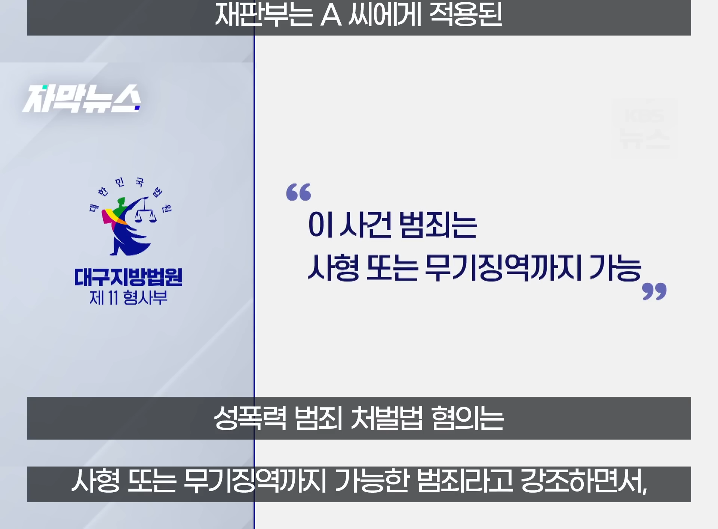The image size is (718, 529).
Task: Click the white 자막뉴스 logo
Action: pos(82,98)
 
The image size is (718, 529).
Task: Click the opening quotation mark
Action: pos(298,192)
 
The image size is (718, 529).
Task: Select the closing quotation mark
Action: pos(654,291)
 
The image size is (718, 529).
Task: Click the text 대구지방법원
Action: pos(128,277)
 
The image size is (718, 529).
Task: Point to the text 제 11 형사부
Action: pos(128,298)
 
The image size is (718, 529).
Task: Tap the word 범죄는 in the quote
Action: pos(438,225)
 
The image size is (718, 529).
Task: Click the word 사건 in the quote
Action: pos(365,225)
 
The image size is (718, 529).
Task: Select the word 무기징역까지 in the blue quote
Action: pos(503,267)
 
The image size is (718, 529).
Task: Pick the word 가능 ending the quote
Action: pos(616,267)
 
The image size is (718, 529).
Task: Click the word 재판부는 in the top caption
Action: pos(264,15)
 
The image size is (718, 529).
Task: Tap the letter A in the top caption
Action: pos(331,15)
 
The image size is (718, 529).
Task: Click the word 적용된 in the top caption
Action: pos(466,15)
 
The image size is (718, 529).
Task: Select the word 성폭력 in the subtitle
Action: pos(250,418)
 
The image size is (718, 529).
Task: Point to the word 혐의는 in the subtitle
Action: pos(467,418)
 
